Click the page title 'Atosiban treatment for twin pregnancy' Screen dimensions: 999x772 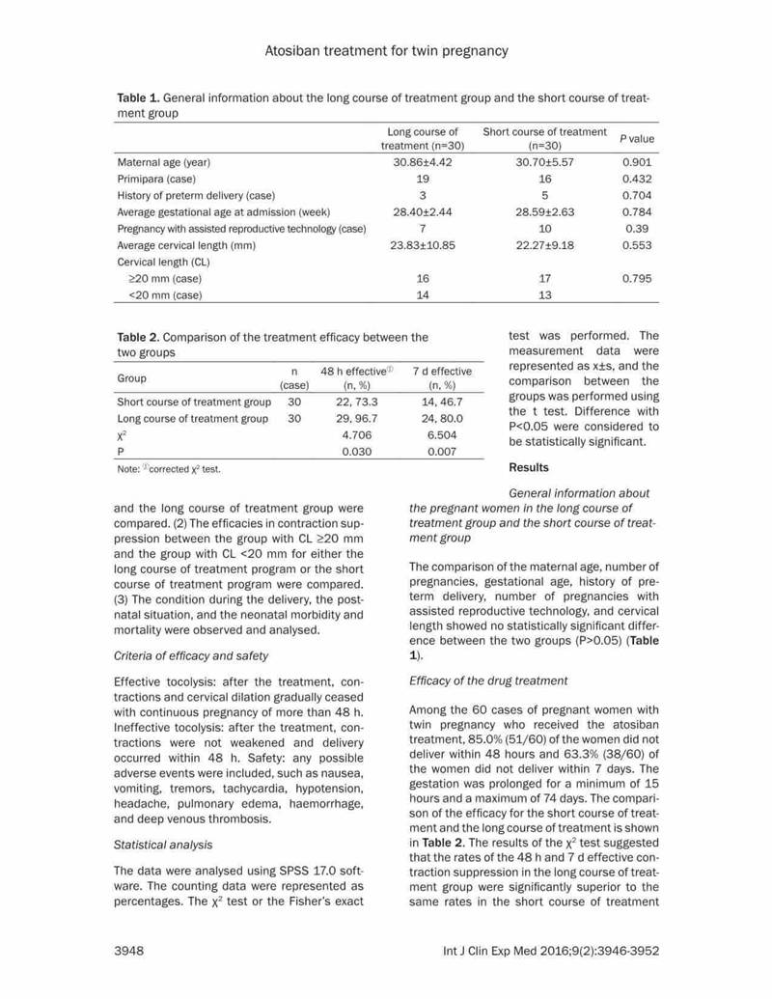click(385, 50)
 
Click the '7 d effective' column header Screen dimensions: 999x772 click(442, 371)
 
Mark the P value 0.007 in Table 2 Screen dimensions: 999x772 click(442, 451)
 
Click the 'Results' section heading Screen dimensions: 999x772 click(528, 467)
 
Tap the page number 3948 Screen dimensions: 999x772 click(130, 951)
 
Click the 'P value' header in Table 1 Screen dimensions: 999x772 click(636, 138)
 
